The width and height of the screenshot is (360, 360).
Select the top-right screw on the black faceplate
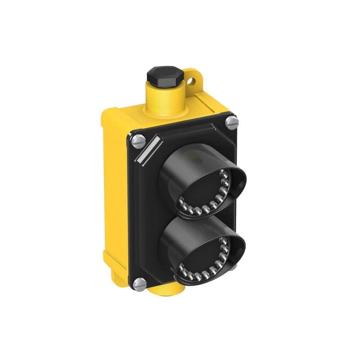tap(232, 120)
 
